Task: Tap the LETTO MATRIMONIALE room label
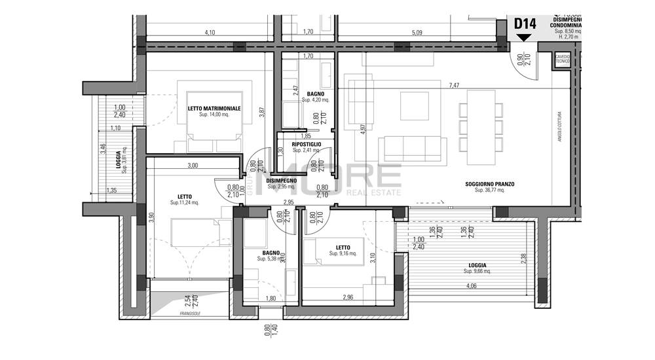click(214, 108)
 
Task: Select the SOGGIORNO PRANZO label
click(490, 185)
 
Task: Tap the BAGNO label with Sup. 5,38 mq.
click(269, 253)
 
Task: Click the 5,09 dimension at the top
click(417, 31)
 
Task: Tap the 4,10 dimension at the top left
click(210, 31)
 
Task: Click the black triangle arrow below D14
click(525, 37)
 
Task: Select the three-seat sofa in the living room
click(412, 150)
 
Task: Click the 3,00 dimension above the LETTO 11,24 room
click(192, 166)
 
